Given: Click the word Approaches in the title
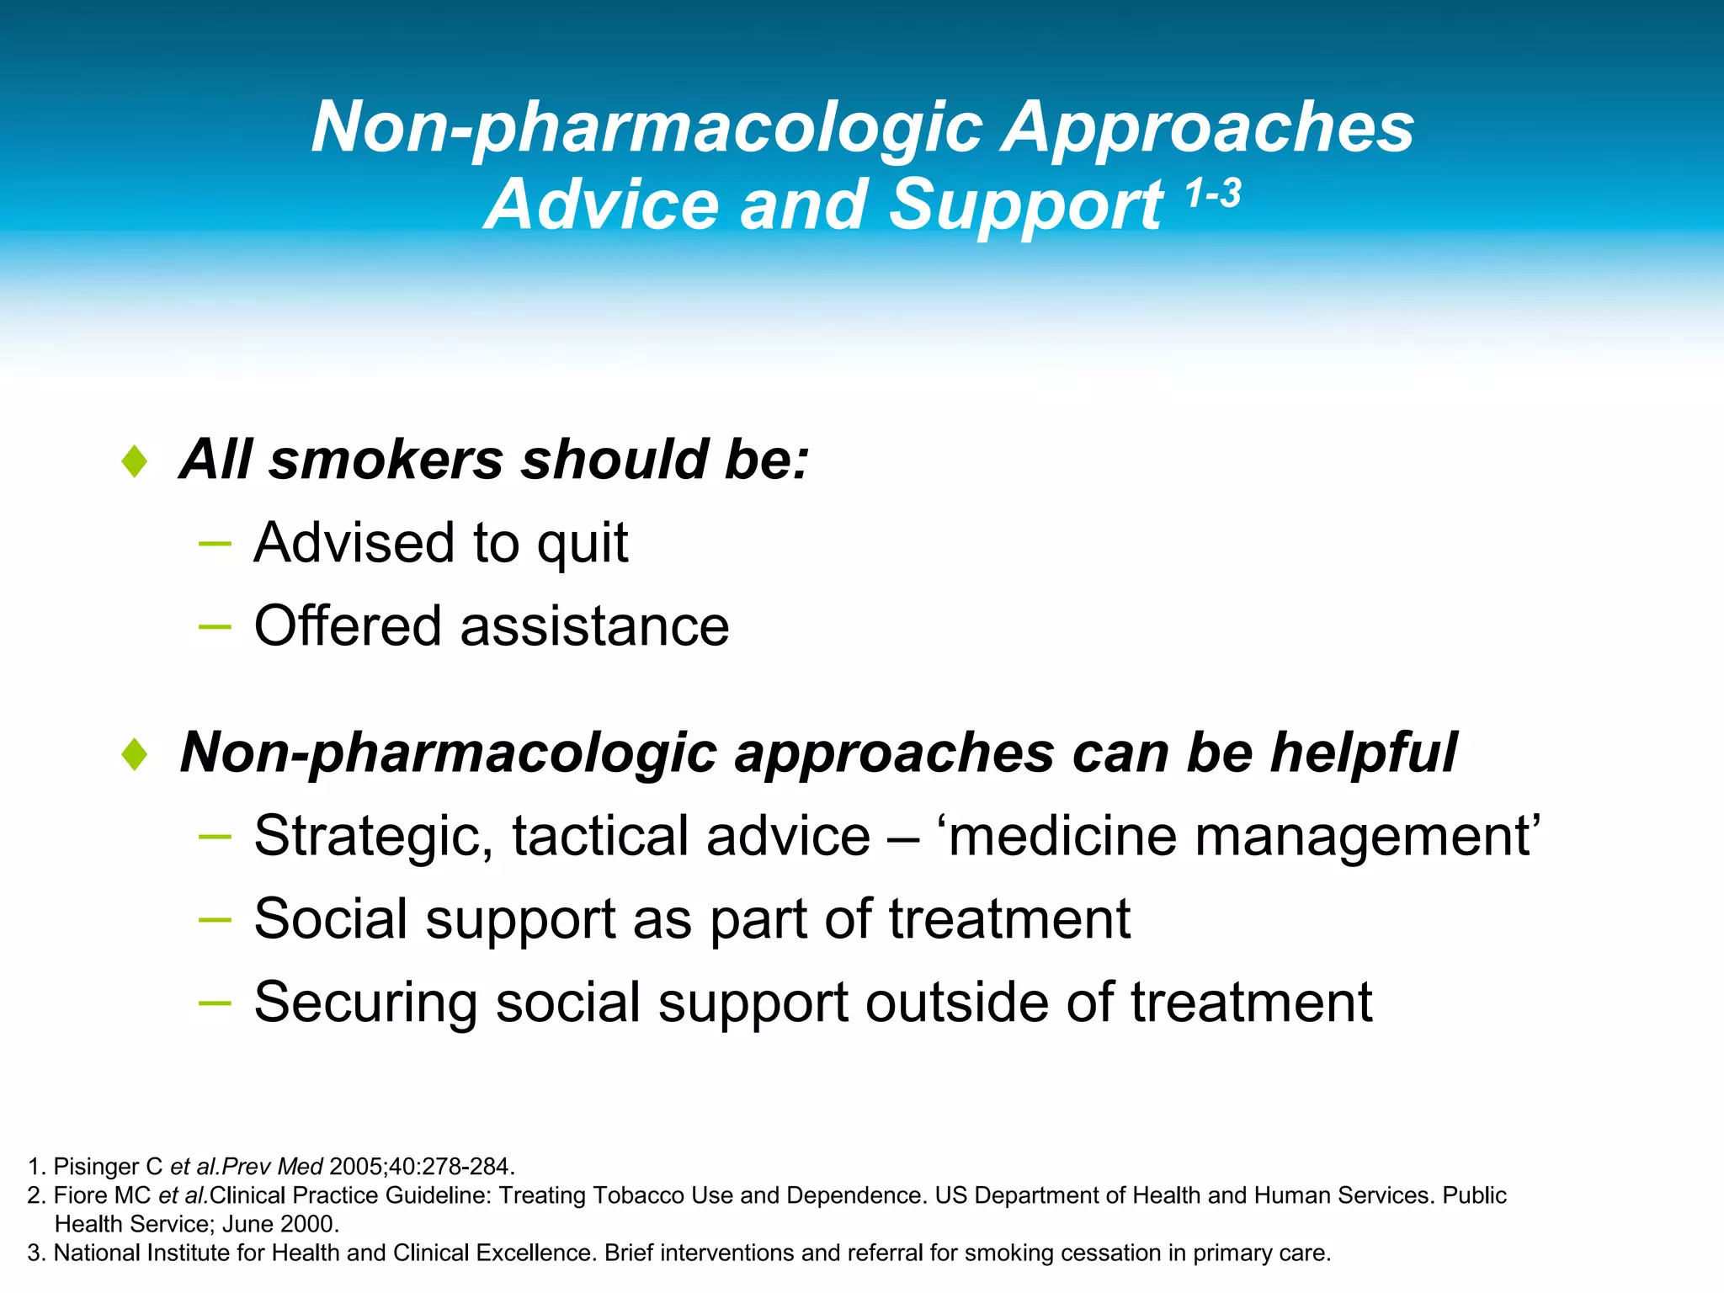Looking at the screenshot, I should point(1208,128).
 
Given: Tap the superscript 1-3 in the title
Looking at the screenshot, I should point(1213,194).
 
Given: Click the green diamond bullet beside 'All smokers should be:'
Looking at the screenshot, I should point(135,461).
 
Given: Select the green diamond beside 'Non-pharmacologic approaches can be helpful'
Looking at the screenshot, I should point(135,753).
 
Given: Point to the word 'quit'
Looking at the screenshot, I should point(583,544).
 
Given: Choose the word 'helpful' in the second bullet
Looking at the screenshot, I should point(1364,752).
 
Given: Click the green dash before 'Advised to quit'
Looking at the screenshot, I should point(215,544).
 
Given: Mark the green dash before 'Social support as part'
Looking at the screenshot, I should point(215,919).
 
